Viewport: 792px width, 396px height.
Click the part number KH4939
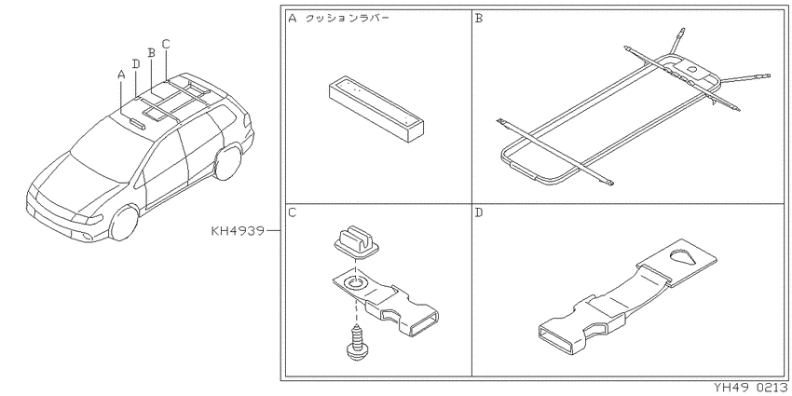[238, 231]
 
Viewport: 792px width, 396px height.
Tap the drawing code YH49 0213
[753, 388]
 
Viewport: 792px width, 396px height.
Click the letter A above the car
[121, 75]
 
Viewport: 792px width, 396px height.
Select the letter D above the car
[136, 63]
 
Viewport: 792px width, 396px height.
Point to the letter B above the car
[151, 52]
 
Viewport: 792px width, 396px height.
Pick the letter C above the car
[166, 44]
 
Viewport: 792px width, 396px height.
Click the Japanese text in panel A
[348, 20]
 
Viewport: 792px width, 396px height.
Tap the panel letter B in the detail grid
[479, 19]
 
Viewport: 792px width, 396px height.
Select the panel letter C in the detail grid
[292, 212]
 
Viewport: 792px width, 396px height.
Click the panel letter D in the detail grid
[479, 212]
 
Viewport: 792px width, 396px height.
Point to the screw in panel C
[357, 344]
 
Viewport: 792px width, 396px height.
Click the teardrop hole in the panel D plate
[682, 256]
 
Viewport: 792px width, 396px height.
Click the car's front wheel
[124, 223]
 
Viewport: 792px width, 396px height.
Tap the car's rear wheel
[227, 162]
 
